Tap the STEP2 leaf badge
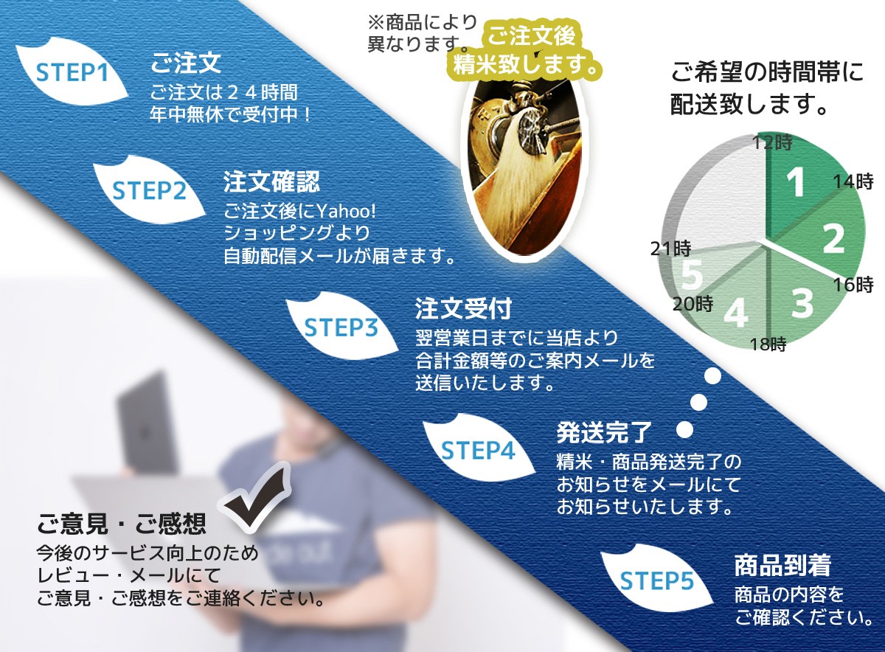tap(148, 190)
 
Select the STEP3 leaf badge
tap(341, 327)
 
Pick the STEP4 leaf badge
tap(477, 449)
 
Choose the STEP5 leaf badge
tap(656, 580)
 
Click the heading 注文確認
tap(271, 181)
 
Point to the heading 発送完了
tap(605, 432)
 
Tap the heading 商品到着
tap(782, 565)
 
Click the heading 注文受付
tap(463, 308)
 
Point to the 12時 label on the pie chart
tap(772, 142)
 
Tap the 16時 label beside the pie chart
tap(853, 285)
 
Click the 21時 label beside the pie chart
tap(671, 249)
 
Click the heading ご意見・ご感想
tap(122, 524)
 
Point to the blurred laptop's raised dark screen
tap(145, 423)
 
